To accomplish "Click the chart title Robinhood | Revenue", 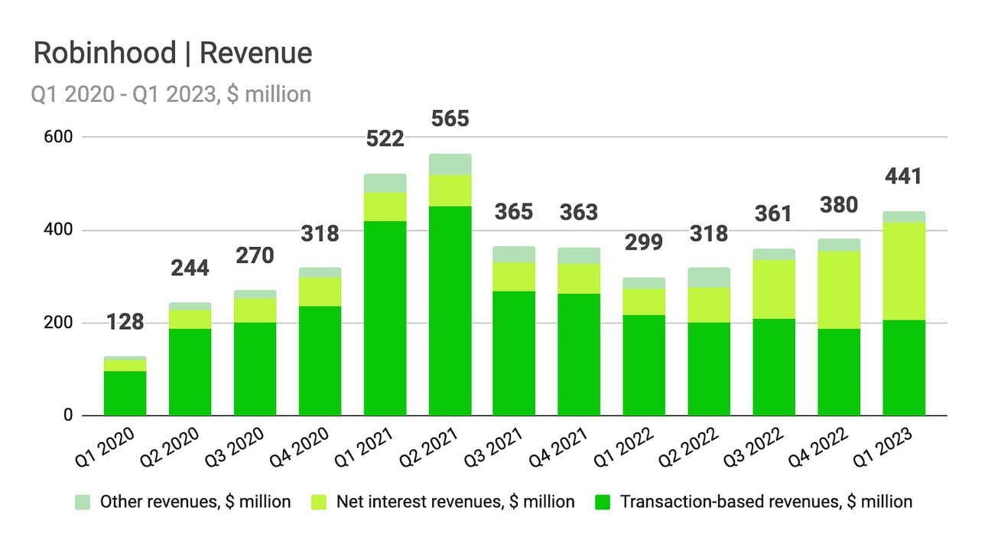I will [x=172, y=54].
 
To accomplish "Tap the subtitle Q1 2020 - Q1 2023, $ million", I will [x=171, y=94].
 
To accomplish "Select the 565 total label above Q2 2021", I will [x=450, y=119].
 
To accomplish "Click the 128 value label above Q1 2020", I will [x=125, y=322].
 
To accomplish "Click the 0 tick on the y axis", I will [x=67, y=416].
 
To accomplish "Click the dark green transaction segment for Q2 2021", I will [x=450, y=311].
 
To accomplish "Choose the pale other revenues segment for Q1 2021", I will [x=385, y=183].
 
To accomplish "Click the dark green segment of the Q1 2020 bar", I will [x=125, y=393].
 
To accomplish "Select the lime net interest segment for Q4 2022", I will [x=840, y=290].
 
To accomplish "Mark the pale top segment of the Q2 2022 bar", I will [x=710, y=278].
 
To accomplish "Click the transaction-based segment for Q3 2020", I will [x=255, y=369].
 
